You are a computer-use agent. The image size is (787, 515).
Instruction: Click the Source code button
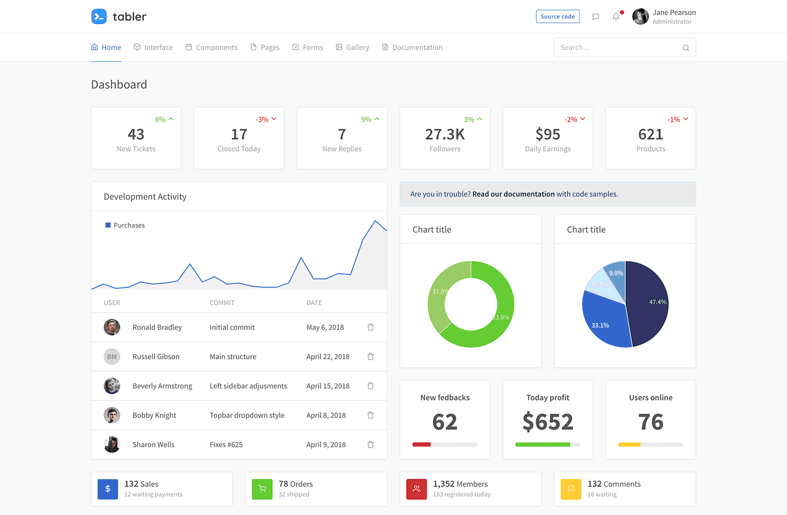pos(558,17)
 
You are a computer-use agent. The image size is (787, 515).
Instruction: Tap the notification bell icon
pos(615,17)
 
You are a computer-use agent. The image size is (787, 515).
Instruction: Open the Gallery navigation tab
pos(352,47)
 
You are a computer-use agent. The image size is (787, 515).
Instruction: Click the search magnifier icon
pos(686,47)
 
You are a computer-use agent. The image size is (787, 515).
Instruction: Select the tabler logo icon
pos(99,17)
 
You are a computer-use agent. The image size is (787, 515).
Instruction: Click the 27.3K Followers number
pos(445,135)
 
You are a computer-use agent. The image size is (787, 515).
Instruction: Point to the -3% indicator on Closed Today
pos(266,119)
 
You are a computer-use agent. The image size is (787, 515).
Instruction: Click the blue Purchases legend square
pos(108,225)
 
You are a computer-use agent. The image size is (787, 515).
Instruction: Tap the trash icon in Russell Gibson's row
pos(371,356)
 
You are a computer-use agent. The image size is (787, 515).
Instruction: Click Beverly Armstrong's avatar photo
pos(112,386)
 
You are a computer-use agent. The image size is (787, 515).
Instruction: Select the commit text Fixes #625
pos(226,444)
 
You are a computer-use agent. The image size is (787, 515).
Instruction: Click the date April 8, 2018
pos(326,415)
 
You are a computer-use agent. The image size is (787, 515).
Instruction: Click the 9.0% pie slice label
pos(616,273)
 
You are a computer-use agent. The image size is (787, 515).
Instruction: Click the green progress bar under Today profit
pos(542,444)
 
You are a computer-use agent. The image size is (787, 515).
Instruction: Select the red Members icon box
pos(417,489)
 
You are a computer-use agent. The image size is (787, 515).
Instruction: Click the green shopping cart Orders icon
pos(262,489)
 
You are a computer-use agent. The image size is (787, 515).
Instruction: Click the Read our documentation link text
pos(513,194)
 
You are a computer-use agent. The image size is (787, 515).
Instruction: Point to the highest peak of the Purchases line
pos(375,220)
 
